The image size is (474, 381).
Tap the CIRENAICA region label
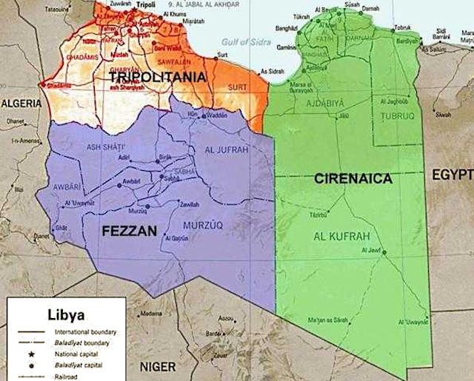353,178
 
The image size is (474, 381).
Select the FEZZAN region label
130,232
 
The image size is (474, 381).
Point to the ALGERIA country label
21,104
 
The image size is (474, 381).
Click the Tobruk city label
403,27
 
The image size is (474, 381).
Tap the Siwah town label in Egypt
444,115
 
